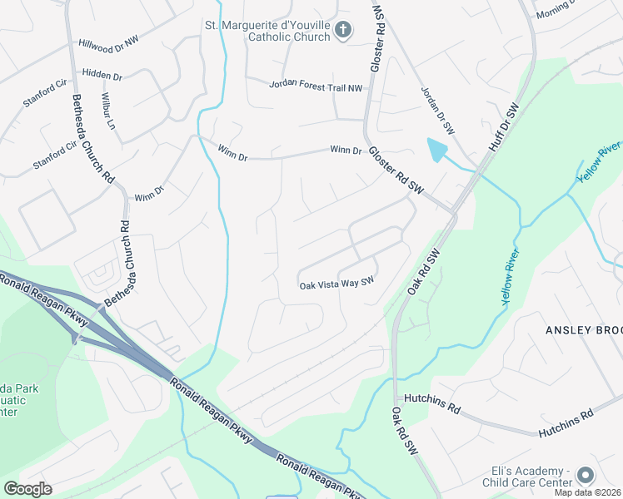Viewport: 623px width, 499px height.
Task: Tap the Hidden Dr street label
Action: pyautogui.click(x=102, y=75)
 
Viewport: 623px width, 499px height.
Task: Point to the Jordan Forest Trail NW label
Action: pyautogui.click(x=316, y=86)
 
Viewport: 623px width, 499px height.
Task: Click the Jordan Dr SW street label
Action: pyautogui.click(x=436, y=111)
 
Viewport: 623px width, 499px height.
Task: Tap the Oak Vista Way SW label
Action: pyautogui.click(x=336, y=285)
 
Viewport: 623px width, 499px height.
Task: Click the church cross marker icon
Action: pyautogui.click(x=342, y=32)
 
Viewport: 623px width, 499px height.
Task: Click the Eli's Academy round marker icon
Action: pyautogui.click(x=586, y=475)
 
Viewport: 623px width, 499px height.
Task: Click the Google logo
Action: pyautogui.click(x=27, y=488)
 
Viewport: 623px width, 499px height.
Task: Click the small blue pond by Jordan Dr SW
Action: pyautogui.click(x=435, y=151)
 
